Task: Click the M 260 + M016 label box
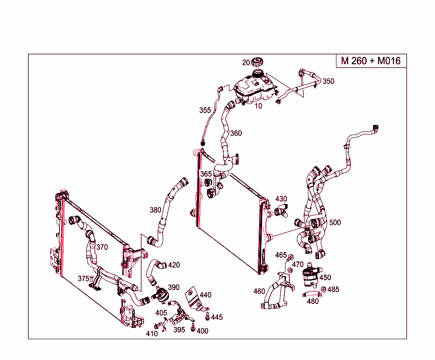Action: [371, 61]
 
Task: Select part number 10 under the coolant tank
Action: [258, 106]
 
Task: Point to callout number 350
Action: [328, 82]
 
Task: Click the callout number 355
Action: [205, 110]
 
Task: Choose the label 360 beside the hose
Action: [236, 133]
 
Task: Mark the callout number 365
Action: [206, 174]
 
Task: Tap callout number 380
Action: [155, 210]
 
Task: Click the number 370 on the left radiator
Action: [102, 247]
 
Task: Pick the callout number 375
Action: [83, 278]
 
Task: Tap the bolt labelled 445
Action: [207, 316]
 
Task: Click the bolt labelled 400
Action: [193, 328]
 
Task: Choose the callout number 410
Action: [152, 334]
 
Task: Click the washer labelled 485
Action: [324, 290]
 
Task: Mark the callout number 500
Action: [335, 222]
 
